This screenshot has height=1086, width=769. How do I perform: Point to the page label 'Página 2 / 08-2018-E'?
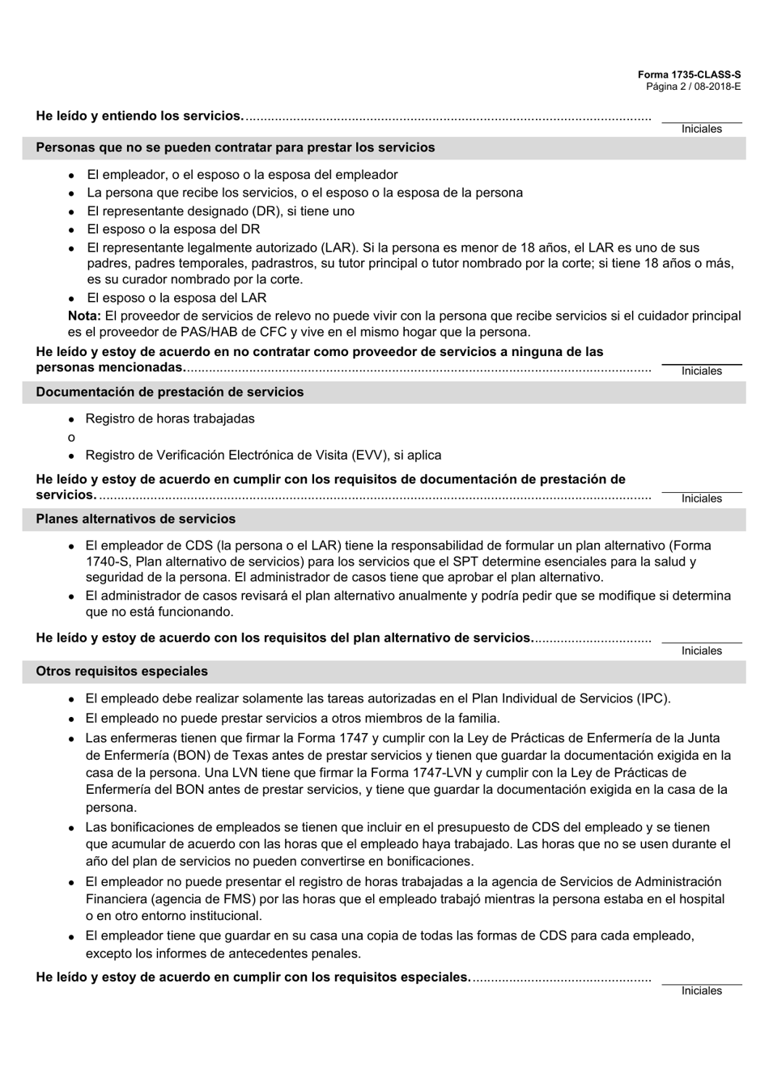(x=693, y=86)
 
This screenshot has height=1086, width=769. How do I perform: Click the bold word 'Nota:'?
(x=84, y=316)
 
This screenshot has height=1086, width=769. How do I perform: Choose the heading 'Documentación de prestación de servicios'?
(x=170, y=392)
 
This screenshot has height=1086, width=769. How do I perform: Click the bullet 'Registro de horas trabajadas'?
(x=170, y=418)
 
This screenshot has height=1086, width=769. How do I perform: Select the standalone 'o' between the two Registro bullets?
(x=71, y=437)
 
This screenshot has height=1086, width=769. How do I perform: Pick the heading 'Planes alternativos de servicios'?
(x=135, y=519)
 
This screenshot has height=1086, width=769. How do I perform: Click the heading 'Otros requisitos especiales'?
(x=121, y=671)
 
